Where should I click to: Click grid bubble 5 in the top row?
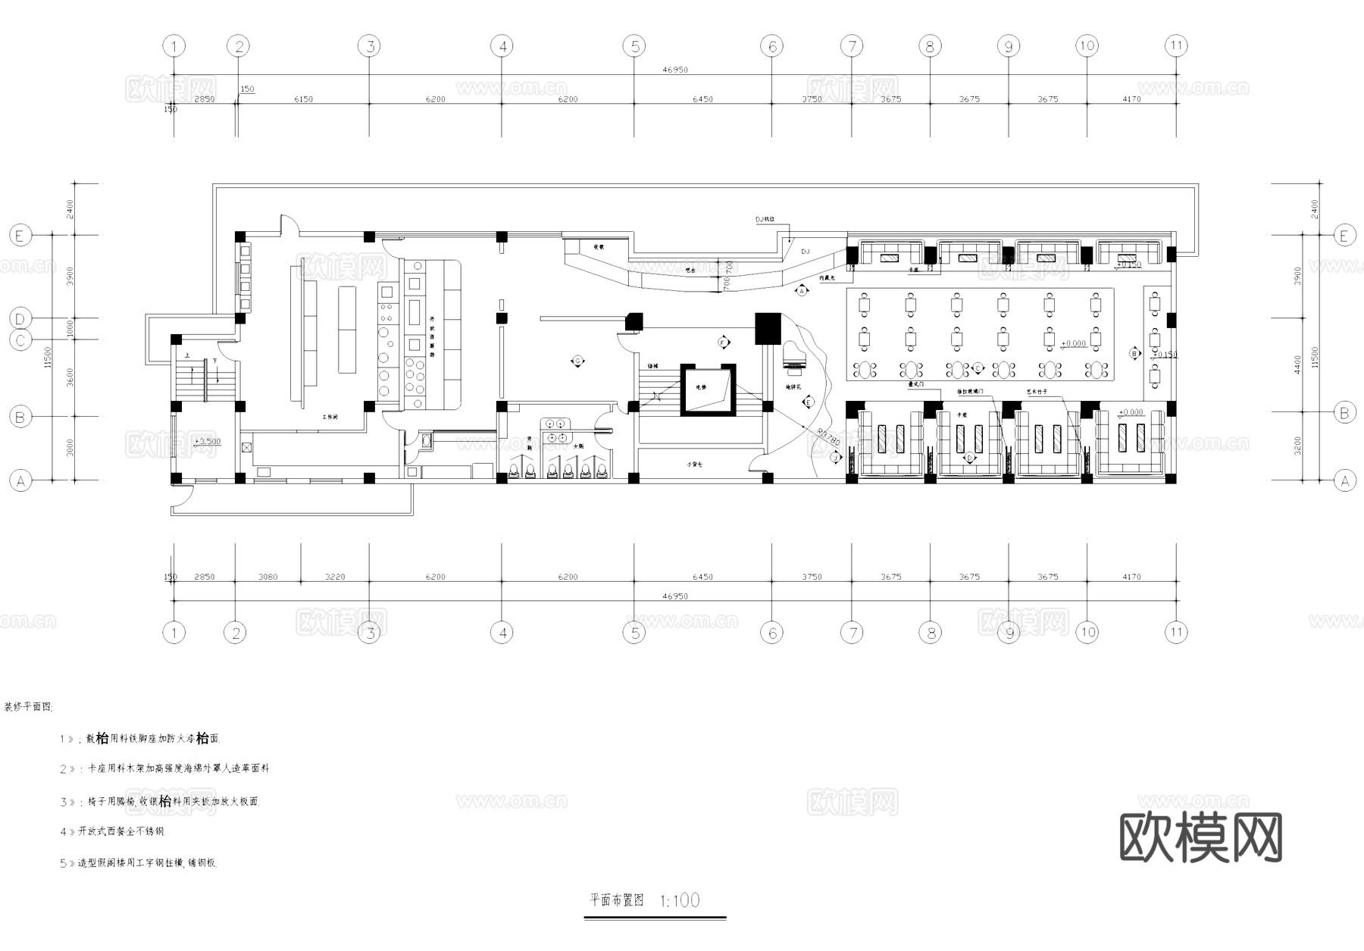tap(634, 46)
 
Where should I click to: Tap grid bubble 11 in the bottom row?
tap(1175, 632)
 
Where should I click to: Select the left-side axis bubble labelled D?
tap(20, 319)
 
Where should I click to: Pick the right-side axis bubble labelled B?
tap(1344, 413)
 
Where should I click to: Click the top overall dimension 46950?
tap(674, 70)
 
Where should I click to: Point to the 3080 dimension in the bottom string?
tap(267, 577)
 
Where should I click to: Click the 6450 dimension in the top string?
tap(702, 99)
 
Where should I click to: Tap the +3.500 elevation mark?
tap(207, 441)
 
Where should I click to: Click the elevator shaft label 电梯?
tap(702, 387)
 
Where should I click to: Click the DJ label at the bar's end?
tap(806, 251)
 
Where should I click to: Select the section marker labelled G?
tap(577, 361)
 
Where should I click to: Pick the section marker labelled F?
tap(722, 343)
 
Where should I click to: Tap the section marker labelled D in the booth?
tap(969, 458)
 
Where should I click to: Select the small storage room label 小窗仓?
tap(694, 465)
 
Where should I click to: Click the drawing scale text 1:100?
tap(680, 900)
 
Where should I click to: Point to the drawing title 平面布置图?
tap(617, 900)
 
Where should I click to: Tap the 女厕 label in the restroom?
tap(577, 446)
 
